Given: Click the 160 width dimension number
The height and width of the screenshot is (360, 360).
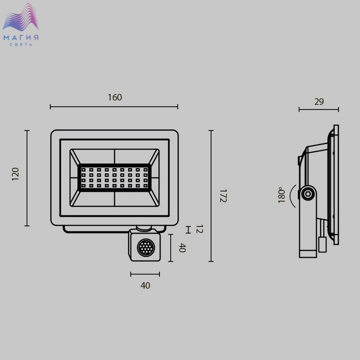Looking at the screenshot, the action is point(115,97).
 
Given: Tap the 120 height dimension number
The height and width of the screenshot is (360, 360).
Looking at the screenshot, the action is point(15,174).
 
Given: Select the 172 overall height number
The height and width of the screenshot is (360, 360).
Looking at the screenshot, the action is point(223,196).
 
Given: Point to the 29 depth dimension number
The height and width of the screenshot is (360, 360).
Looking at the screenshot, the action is point(319,101).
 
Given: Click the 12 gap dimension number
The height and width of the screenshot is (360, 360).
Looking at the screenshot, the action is point(200,229).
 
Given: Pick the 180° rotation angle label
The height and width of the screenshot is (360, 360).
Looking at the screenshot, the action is point(281,195).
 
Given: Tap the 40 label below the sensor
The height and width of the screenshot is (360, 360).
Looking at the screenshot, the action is point(146,285).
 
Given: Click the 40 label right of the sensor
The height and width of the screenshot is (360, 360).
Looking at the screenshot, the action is point(182,248).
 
